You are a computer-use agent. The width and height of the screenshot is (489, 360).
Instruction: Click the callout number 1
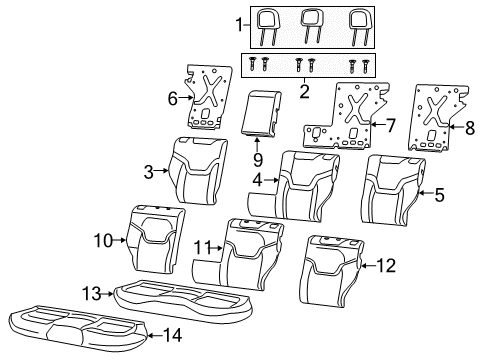[x=238, y=23]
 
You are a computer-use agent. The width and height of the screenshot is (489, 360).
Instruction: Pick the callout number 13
[x=91, y=292]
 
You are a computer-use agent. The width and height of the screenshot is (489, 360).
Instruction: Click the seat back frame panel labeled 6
[x=207, y=97]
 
